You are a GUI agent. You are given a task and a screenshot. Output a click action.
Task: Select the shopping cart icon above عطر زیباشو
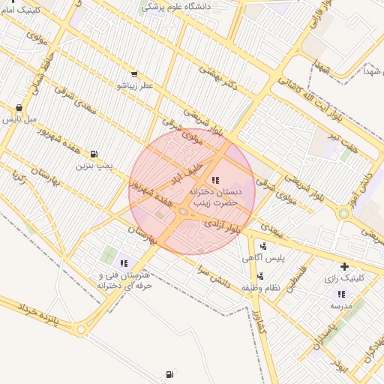[x=133, y=74]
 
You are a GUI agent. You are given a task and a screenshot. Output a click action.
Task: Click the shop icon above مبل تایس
[x=19, y=107]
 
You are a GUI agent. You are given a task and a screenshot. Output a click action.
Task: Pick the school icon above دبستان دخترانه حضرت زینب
[x=215, y=180]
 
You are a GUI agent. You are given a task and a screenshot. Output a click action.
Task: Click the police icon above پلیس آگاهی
[x=262, y=246]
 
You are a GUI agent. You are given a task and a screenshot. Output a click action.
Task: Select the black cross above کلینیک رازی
[x=344, y=266]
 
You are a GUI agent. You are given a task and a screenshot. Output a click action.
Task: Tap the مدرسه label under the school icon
[x=341, y=306]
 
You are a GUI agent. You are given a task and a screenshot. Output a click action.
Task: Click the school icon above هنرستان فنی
[x=124, y=263]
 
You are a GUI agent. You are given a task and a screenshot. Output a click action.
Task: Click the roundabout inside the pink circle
[x=184, y=213]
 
